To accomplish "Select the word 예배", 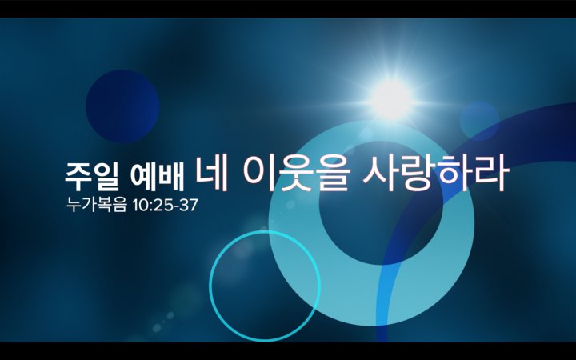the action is [158, 175].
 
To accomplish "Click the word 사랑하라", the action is [436, 174].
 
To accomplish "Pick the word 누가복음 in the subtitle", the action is [96, 205].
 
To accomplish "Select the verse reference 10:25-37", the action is [165, 206].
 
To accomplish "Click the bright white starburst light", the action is [391, 98].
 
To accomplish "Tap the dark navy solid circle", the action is [122, 106].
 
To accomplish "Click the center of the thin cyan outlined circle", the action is [265, 286].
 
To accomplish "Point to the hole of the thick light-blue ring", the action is [381, 202].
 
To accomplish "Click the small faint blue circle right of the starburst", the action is [479, 121].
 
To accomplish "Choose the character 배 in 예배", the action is [171, 175].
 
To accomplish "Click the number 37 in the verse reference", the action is [190, 206].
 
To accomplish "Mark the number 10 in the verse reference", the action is [139, 206].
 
